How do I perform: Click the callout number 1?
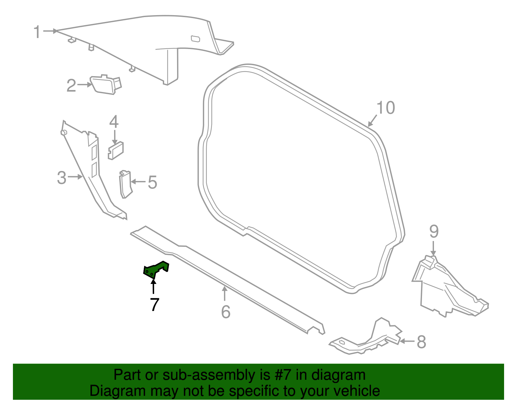point(37,32)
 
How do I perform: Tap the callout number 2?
point(71,86)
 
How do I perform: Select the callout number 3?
point(62,178)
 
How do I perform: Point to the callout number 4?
point(114,122)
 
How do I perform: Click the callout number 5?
point(152,182)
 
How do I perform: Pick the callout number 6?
point(226,312)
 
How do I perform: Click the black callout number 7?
point(154,304)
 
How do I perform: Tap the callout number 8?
point(421,342)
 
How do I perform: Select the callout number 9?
point(434,231)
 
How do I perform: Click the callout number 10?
point(385,108)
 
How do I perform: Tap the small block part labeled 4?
point(116,150)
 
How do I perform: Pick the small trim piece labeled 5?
point(125,184)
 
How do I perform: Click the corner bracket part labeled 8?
point(368,342)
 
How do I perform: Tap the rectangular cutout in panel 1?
point(195,39)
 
